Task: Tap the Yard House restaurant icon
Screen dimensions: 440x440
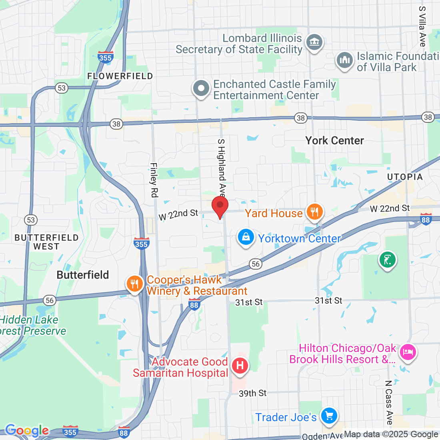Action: coord(315,212)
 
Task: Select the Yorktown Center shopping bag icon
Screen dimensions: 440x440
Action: coord(246,237)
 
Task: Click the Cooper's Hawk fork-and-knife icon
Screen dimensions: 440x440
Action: coord(135,284)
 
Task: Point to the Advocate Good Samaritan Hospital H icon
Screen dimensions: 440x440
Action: coord(240,366)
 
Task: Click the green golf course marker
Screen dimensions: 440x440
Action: coord(387,260)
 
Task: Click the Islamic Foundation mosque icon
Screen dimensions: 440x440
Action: coord(344,60)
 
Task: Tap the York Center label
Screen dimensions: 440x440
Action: coord(334,141)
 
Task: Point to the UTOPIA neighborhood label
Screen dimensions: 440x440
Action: coord(405,177)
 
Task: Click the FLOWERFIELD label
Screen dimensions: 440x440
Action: coord(120,76)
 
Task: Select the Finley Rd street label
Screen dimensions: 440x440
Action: coord(154,180)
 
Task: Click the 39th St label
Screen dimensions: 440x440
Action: coord(252,393)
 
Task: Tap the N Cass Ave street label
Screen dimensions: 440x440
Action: coord(388,402)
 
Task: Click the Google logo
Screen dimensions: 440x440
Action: coord(27,431)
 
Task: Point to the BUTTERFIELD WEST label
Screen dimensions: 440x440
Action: coord(46,242)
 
